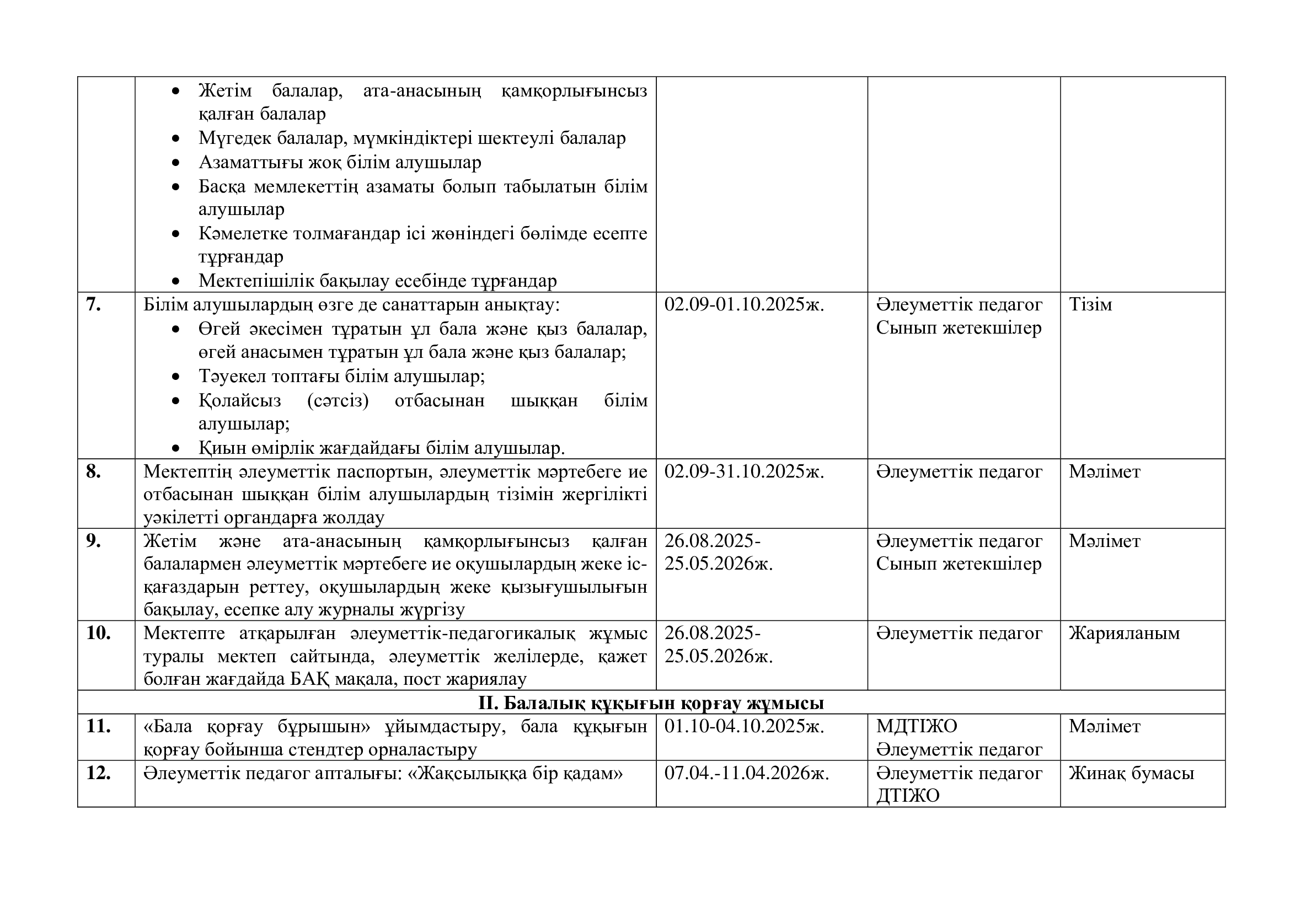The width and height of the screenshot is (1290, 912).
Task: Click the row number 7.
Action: point(93,305)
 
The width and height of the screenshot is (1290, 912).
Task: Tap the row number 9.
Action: point(93,541)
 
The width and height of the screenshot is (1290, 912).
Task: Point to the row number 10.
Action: point(98,634)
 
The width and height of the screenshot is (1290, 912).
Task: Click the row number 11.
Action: point(98,727)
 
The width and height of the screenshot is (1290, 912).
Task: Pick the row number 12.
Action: point(98,773)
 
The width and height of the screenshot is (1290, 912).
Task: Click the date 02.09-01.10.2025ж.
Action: point(744,305)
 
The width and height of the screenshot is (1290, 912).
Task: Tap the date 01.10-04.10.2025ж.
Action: point(744,727)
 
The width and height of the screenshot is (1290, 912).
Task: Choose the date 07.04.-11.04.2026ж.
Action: point(746,773)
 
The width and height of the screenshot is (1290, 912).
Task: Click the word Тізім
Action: point(1090,305)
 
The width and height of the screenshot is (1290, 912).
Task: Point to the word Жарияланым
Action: point(1123,634)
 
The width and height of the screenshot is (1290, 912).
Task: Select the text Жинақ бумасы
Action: point(1131,773)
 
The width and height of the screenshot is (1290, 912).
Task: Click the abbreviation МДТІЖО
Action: point(917,727)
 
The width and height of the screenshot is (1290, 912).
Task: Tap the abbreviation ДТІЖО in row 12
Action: point(907,796)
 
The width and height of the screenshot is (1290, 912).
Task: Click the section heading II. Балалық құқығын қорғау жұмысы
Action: point(651,703)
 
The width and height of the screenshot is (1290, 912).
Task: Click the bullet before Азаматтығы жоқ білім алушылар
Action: point(176,163)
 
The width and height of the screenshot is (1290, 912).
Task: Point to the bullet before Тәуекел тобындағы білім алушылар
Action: point(176,377)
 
